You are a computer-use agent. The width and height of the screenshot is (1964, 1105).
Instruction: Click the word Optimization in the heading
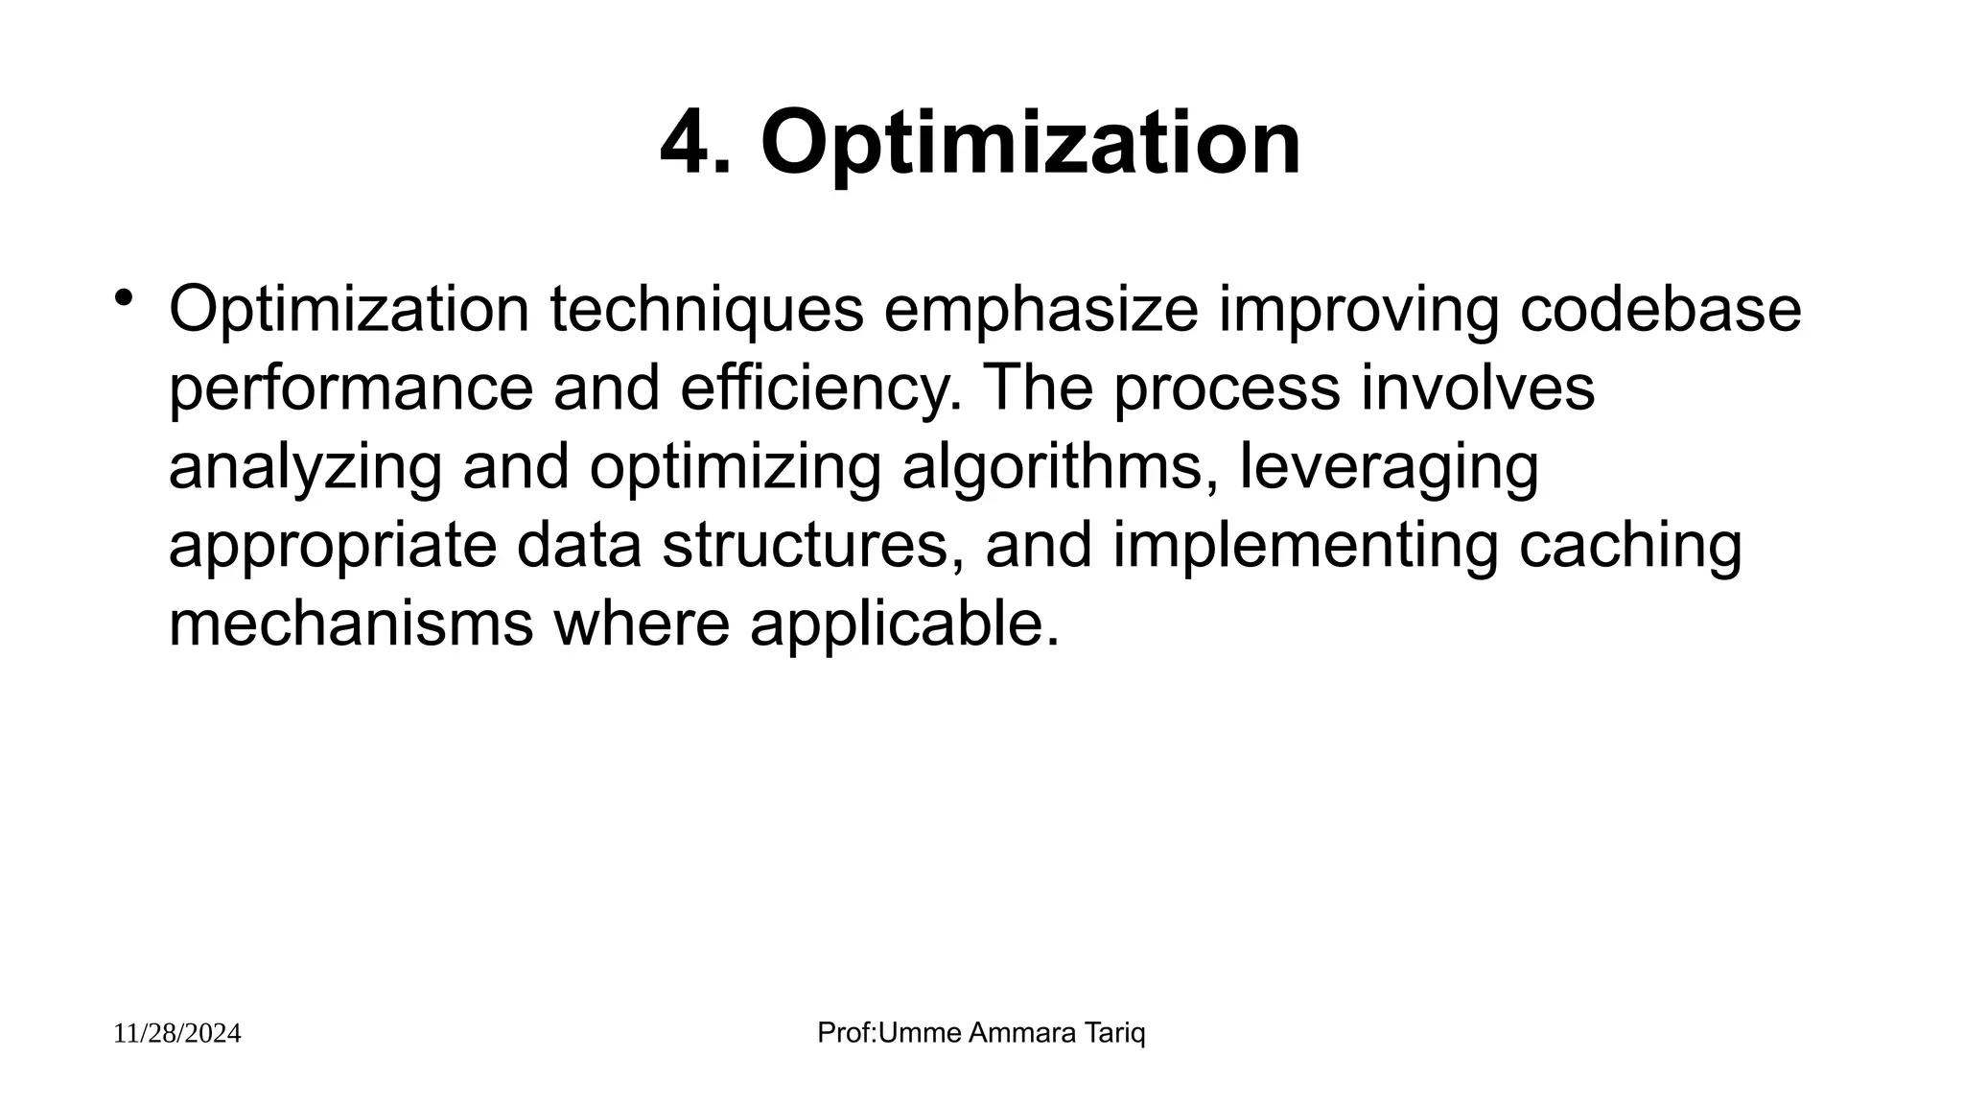coord(1031,144)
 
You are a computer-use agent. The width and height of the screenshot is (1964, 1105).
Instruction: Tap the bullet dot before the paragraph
coord(122,298)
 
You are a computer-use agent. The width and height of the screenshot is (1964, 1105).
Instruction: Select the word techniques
coord(707,310)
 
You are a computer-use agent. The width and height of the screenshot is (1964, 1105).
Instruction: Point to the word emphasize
coord(1040,310)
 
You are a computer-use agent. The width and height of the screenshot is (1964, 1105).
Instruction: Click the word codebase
coord(1660,310)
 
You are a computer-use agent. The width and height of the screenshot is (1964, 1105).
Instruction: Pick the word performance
coord(350,388)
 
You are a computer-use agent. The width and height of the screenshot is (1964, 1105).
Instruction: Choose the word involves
coord(1478,388)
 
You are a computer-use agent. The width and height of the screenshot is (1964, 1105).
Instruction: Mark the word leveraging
coord(1389,467)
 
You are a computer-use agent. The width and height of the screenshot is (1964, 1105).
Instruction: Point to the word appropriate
coord(332,546)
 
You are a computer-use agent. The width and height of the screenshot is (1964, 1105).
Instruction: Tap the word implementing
coord(1305,546)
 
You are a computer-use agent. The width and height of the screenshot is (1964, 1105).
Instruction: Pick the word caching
coord(1630,546)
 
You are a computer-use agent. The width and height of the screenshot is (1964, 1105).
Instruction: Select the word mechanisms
coord(350,624)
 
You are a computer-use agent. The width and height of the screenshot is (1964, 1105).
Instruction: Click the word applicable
coord(904,624)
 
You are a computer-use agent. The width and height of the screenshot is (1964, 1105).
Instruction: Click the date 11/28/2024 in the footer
coord(177,1034)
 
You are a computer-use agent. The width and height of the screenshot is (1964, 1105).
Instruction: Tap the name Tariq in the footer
coord(1115,1033)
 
